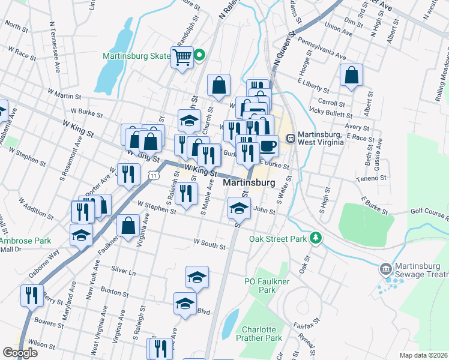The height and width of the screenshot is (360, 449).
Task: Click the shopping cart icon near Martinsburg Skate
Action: point(182,58)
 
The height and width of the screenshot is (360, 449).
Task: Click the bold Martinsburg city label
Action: point(249,182)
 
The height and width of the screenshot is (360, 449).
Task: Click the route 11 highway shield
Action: point(154,175)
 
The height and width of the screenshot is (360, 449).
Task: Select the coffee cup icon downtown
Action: point(268,145)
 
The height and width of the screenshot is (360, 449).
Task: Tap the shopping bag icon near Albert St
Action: point(351,76)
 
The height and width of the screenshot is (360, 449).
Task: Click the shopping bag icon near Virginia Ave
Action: point(128,226)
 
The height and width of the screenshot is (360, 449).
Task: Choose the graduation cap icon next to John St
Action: point(239,208)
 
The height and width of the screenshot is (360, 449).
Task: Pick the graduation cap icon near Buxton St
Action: point(197,277)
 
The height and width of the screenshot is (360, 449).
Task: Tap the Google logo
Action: point(20,353)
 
